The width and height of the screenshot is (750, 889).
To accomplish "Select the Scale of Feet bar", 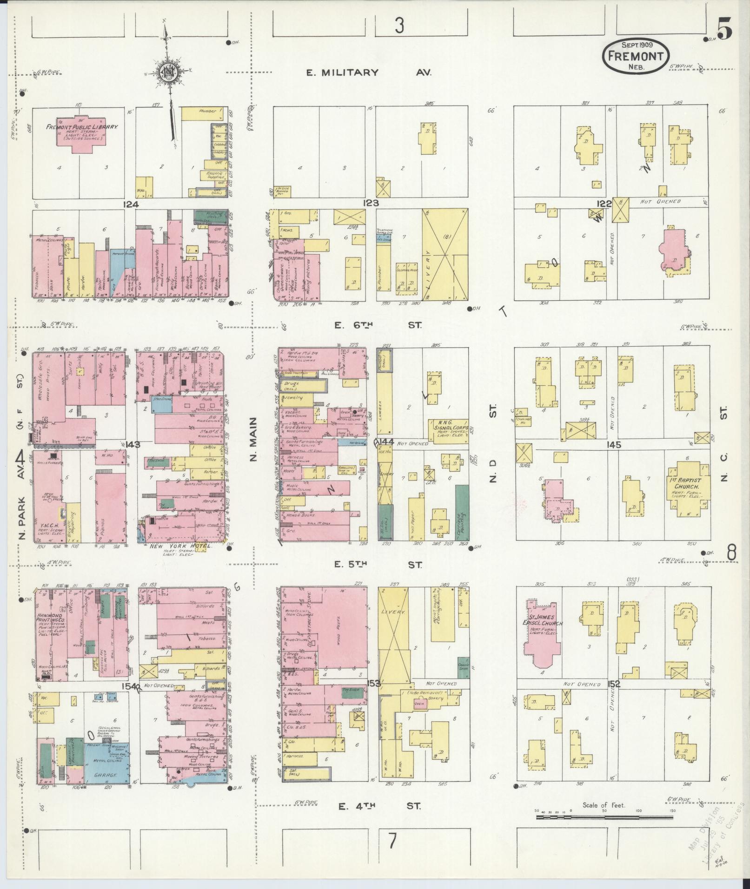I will click(604, 816).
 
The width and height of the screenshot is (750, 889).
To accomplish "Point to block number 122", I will click(604, 203).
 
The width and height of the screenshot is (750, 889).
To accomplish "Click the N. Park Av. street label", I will click(21, 502).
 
